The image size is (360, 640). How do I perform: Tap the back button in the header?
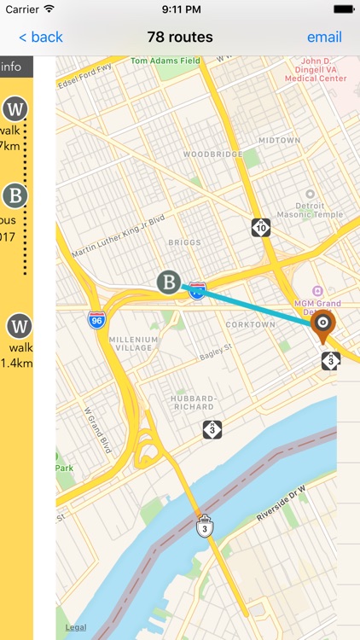coord(41,37)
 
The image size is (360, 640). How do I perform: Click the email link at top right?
coord(324,37)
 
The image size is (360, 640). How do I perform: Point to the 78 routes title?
coord(180,37)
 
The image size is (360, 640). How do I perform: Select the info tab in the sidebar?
coord(12,67)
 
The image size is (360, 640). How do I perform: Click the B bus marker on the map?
coord(169,282)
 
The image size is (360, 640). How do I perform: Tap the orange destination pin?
coord(322,325)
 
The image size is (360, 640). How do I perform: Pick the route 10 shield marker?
coord(261,228)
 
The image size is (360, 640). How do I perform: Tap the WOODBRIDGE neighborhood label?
coord(207,155)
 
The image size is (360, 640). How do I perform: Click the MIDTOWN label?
coord(279,140)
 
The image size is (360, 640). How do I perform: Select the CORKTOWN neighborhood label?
coord(250,324)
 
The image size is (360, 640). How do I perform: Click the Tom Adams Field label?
coord(165,61)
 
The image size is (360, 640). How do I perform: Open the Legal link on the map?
coord(76,628)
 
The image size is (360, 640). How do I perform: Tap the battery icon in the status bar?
coord(343,9)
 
